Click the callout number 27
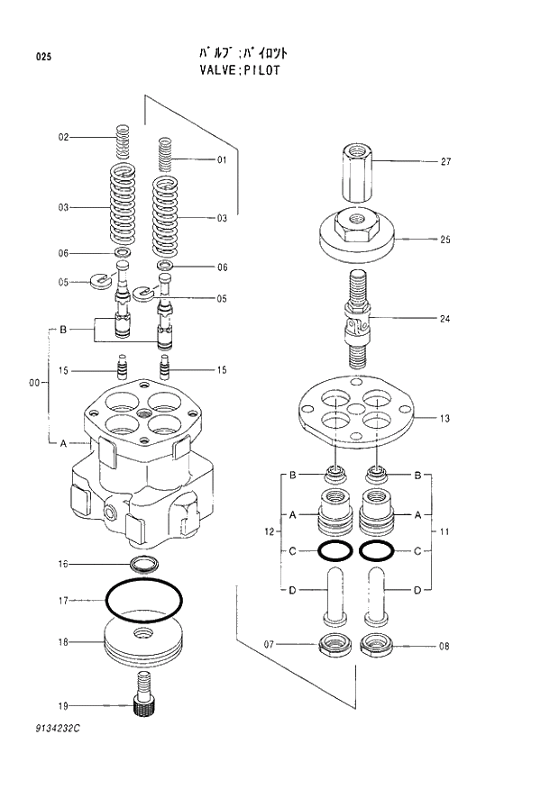(445, 162)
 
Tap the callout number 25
(445, 240)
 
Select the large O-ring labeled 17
(144, 596)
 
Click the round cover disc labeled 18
(144, 641)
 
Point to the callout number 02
(63, 138)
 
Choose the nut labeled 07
(334, 644)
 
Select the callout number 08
(445, 646)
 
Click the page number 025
(43, 57)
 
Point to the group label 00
(34, 384)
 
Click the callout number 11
(444, 533)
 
